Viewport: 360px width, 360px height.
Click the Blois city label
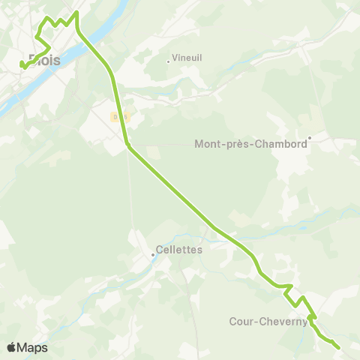(x=43, y=59)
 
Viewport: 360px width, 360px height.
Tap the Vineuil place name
(x=187, y=57)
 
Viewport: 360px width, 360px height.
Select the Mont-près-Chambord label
(x=250, y=144)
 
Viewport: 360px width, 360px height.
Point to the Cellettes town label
(x=179, y=250)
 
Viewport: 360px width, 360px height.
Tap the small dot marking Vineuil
(x=168, y=61)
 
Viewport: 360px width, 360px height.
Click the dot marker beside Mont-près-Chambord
(x=309, y=136)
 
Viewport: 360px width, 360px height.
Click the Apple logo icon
(x=12, y=347)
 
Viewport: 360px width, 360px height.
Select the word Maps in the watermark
(x=32, y=347)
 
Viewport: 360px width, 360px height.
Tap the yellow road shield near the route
(x=118, y=116)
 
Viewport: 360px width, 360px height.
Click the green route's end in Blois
(x=22, y=66)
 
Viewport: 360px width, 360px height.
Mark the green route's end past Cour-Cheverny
(x=338, y=347)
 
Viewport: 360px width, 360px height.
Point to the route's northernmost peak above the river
(x=76, y=13)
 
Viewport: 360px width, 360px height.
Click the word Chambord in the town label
(x=286, y=144)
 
